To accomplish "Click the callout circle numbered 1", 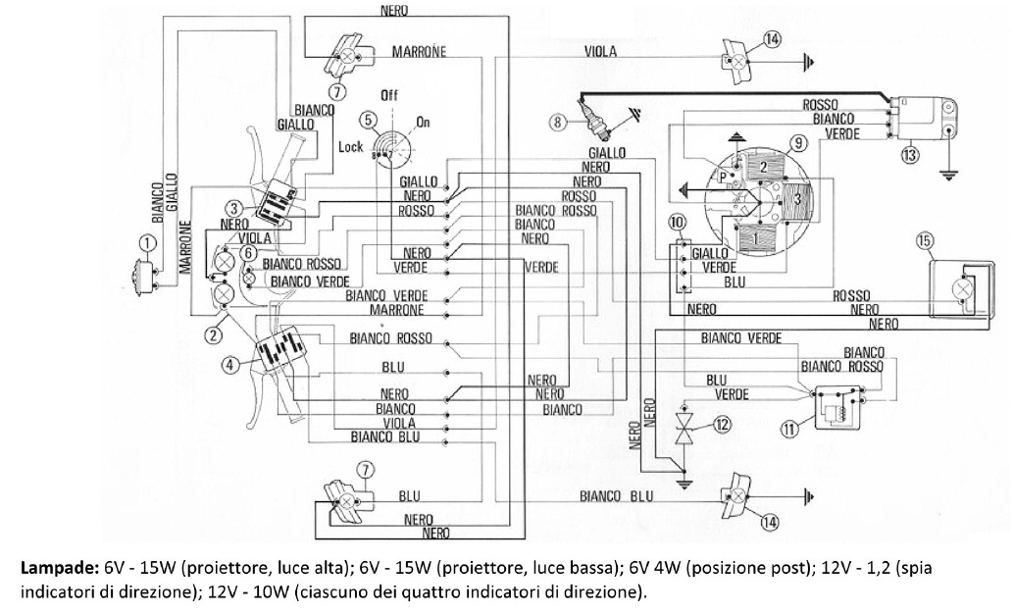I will [x=147, y=242].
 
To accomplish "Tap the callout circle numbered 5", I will [x=368, y=121].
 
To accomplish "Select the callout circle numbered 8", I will [x=557, y=123].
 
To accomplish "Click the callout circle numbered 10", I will [x=678, y=224].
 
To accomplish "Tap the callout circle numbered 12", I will [x=724, y=425].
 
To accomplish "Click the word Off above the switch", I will [x=389, y=96].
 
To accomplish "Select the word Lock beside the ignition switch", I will [x=350, y=146].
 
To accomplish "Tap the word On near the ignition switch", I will [x=424, y=122].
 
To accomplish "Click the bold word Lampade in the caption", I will [x=46, y=567].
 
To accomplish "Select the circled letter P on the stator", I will [x=723, y=177].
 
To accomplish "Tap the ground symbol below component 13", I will [x=948, y=174].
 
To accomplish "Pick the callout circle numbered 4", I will [x=229, y=365].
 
